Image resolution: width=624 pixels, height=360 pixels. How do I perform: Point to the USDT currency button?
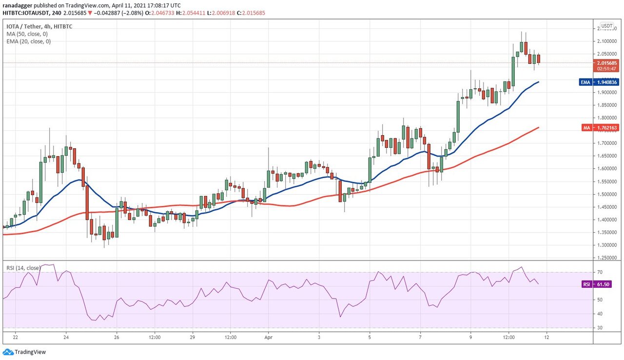pyautogui.click(x=606, y=26)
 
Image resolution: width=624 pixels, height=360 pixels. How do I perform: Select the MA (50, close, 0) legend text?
pyautogui.click(x=28, y=34)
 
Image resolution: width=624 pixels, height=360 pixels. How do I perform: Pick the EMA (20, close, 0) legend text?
pyautogui.click(x=29, y=41)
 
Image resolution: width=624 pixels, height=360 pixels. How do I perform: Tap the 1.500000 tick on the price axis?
pyautogui.click(x=605, y=194)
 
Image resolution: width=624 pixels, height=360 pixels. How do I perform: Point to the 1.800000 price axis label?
pyautogui.click(x=605, y=118)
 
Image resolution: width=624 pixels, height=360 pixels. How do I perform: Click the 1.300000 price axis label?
pyautogui.click(x=605, y=245)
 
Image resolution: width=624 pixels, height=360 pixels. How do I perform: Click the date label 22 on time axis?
pyautogui.click(x=16, y=337)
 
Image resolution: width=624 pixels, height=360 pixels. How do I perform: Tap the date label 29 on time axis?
pyautogui.click(x=193, y=337)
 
